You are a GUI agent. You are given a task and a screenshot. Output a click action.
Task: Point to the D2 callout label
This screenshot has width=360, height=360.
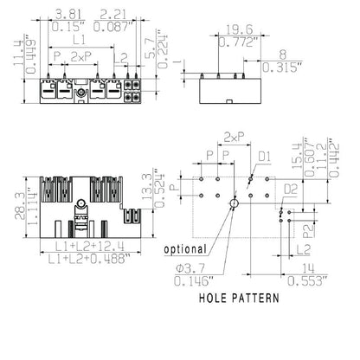(292, 188)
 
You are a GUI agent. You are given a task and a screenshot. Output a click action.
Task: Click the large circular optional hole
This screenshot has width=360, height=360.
(234, 202)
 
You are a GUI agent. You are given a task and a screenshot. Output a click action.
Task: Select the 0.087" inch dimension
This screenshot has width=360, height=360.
(115, 28)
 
